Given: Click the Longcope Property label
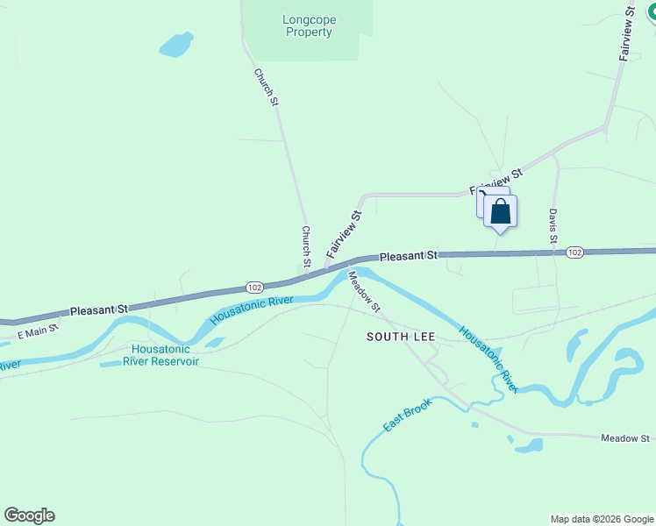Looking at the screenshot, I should coord(310,26).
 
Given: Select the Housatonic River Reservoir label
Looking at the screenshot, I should coord(160,355).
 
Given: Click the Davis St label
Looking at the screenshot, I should coord(553,226).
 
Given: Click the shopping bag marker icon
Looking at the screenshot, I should coord(500,212).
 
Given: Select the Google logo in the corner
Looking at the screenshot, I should coord(29,515).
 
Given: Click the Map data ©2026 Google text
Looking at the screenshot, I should coord(602,519).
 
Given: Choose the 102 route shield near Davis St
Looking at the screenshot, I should coord(574,252).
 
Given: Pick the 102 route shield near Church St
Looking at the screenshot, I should coord(254,288).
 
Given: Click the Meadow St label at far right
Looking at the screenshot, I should coord(624,437).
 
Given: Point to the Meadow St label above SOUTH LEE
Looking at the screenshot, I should coord(364,291).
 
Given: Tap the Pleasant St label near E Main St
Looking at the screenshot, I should coord(99,309).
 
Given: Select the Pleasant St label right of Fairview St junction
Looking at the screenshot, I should coord(408,255).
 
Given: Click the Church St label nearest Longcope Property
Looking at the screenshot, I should coord(266,88).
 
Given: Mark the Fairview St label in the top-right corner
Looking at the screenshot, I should coord(626,35).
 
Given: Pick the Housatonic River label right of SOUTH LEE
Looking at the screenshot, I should coord(488,358).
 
